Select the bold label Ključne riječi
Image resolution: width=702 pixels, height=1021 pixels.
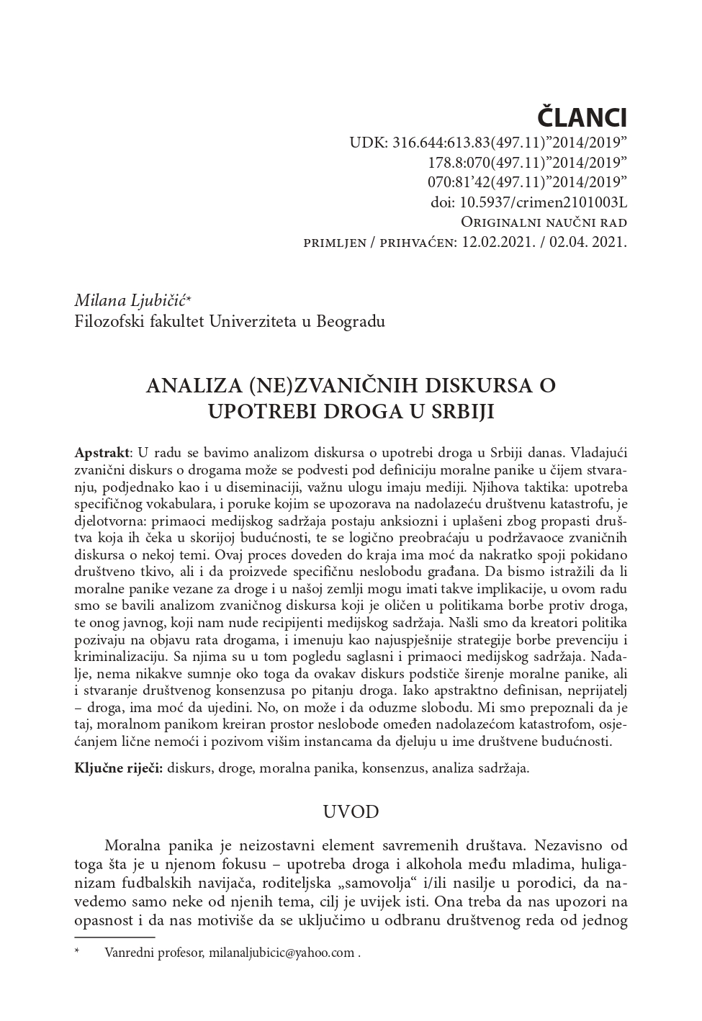[119, 768]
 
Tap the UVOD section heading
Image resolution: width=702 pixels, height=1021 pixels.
[351, 812]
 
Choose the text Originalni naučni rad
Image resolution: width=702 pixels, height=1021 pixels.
[544, 222]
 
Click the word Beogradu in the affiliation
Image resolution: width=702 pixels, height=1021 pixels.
[349, 320]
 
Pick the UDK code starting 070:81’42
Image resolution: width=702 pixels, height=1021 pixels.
[527, 181]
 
